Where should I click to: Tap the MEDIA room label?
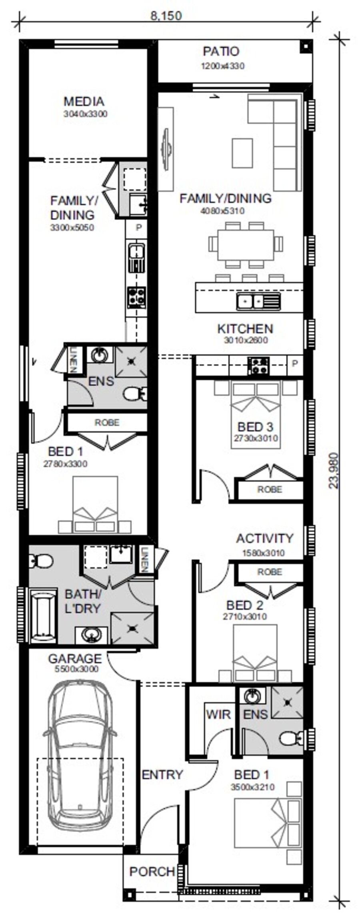pyautogui.click(x=84, y=102)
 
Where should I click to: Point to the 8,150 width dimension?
pyautogui.click(x=166, y=16)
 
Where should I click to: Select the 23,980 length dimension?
pyautogui.click(x=333, y=470)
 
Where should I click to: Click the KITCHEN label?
pyautogui.click(x=245, y=329)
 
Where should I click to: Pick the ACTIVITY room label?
pyautogui.click(x=264, y=539)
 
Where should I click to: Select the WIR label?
pyautogui.click(x=218, y=714)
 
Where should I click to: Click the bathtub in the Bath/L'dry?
pyautogui.click(x=42, y=614)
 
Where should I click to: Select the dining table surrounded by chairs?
pyautogui.click(x=246, y=245)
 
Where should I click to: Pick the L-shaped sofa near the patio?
pyautogui.click(x=274, y=142)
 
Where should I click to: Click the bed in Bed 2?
pyautogui.click(x=255, y=653)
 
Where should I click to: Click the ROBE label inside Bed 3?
pyautogui.click(x=270, y=489)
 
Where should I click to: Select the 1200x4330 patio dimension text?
pyautogui.click(x=222, y=66)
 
